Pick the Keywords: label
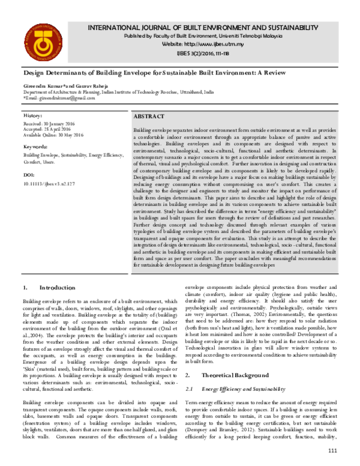click(x=35, y=147)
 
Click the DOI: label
click(x=29, y=175)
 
